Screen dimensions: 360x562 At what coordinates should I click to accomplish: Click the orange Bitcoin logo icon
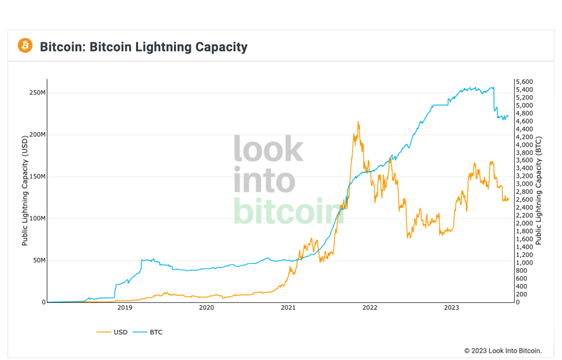click(x=25, y=46)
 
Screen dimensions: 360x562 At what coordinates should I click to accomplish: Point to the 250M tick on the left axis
click(x=37, y=92)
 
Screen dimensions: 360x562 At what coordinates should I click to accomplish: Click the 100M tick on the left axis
click(x=37, y=218)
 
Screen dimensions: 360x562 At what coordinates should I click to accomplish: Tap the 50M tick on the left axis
click(x=39, y=261)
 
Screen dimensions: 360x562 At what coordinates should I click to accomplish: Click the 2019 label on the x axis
click(x=125, y=308)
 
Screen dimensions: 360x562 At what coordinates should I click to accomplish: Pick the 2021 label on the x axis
click(x=288, y=308)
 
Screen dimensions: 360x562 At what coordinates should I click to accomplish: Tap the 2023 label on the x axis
click(x=451, y=308)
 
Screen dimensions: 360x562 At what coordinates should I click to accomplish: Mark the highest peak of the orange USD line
click(x=358, y=122)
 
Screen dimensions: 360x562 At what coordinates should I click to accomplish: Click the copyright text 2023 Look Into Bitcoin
click(x=503, y=351)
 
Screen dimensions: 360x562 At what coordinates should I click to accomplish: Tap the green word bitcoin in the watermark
click(x=288, y=211)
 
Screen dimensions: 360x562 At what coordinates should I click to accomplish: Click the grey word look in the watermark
click(x=268, y=149)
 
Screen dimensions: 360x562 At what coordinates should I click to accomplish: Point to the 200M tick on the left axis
click(x=37, y=134)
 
